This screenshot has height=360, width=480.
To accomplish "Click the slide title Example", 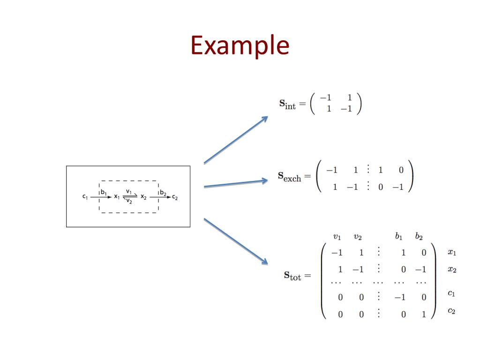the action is (x=240, y=46).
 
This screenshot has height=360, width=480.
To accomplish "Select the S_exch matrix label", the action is (x=289, y=177).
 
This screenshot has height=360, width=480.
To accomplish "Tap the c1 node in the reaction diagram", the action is (x=85, y=197).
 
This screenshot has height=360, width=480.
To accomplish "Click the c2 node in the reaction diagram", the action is (x=175, y=197).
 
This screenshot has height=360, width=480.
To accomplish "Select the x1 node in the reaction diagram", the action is (x=117, y=197).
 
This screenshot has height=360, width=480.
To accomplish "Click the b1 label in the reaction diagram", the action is (x=104, y=192).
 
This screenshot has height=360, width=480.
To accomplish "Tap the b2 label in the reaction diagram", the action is (x=163, y=192).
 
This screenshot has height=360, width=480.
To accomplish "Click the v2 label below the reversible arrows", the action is (x=129, y=202).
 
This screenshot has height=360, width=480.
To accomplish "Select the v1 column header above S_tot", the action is (x=337, y=237).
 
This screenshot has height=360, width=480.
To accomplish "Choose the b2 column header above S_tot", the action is (x=419, y=237).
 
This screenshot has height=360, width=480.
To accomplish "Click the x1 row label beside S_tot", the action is (x=451, y=253).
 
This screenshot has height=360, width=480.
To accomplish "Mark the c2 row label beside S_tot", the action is (x=451, y=311).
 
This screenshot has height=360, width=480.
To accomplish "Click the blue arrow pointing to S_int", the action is (x=235, y=140).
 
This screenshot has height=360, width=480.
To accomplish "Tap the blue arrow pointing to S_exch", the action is (x=235, y=184).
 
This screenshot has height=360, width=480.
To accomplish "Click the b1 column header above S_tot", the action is (x=398, y=237).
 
